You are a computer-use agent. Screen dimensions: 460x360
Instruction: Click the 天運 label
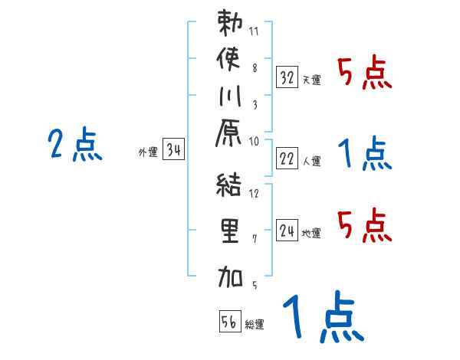[311, 79]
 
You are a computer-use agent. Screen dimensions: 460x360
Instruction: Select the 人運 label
[311, 160]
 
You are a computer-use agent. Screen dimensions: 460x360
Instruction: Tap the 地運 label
[311, 232]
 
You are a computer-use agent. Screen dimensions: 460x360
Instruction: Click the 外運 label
[147, 152]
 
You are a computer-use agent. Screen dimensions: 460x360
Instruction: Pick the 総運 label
[255, 324]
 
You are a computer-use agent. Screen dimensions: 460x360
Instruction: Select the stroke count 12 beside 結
[255, 195]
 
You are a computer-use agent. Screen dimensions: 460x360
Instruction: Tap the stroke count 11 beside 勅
[255, 32]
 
